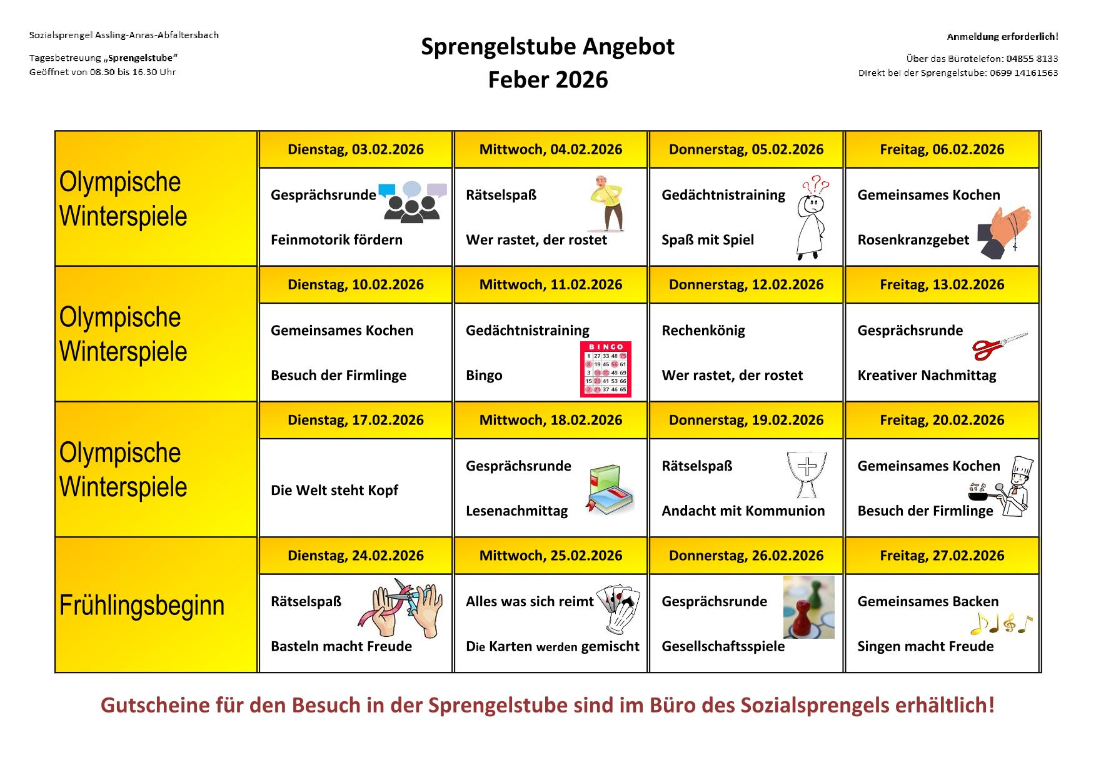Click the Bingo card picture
[605, 369]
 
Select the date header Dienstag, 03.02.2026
[355, 149]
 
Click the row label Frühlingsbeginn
[142, 606]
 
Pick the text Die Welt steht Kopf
[334, 491]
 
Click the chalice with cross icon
[807, 474]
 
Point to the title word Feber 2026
[548, 80]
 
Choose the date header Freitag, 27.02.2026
[942, 556]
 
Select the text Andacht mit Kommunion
[743, 511]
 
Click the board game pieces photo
[808, 607]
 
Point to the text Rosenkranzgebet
[913, 240]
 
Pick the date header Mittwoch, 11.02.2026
[550, 285]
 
